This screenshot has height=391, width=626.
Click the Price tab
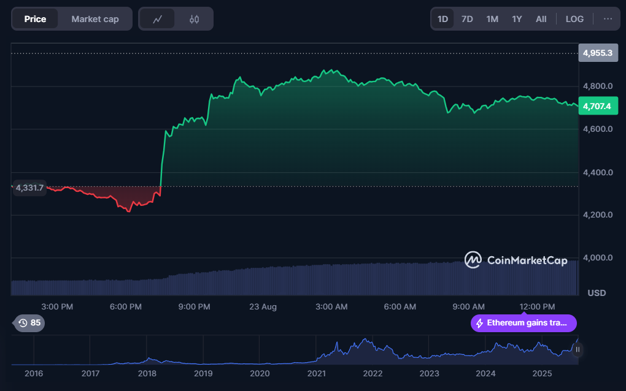[35, 19]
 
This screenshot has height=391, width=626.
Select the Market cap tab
[95, 19]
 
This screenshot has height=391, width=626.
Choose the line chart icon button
[158, 19]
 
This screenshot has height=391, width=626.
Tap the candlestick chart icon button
[195, 19]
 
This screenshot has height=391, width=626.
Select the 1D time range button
[442, 19]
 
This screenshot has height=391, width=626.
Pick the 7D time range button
[467, 19]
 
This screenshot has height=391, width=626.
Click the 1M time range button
[492, 19]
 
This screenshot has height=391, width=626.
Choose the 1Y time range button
[517, 19]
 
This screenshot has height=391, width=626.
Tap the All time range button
[541, 19]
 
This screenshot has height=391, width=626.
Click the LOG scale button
[574, 19]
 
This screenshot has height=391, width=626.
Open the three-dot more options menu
[608, 19]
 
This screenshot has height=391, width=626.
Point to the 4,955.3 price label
[597, 53]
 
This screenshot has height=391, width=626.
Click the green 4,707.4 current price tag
[597, 107]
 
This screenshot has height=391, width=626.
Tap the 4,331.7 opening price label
[29, 188]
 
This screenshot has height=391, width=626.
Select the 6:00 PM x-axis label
[126, 306]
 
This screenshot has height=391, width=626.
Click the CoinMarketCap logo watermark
[516, 260]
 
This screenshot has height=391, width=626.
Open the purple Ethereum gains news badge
[524, 323]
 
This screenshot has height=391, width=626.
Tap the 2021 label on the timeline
[316, 373]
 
